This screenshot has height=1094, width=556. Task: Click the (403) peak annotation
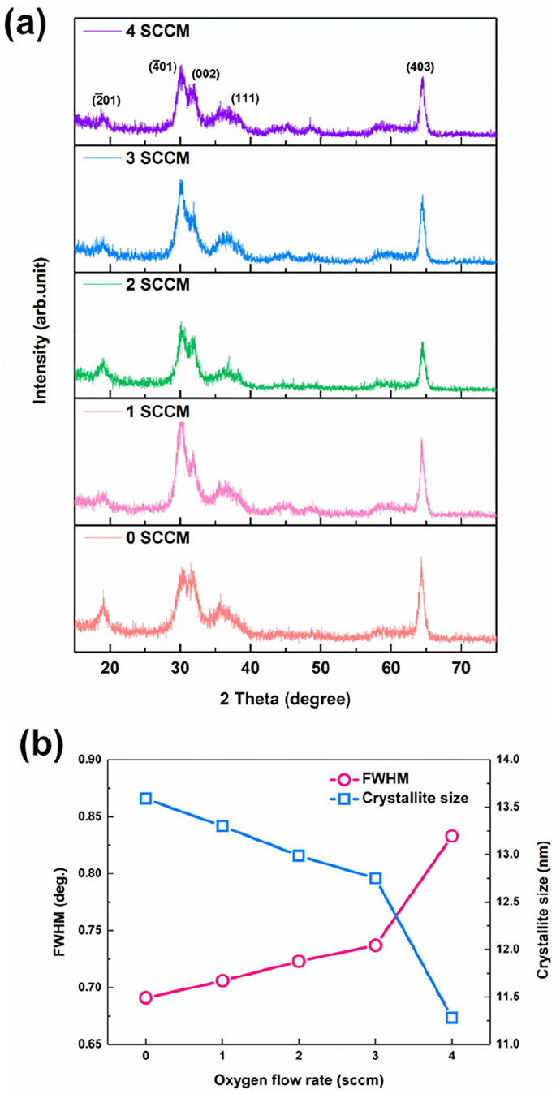pos(420,68)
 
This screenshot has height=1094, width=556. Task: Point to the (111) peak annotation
pos(244,98)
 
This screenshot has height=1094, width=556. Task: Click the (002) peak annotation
pos(205,74)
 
